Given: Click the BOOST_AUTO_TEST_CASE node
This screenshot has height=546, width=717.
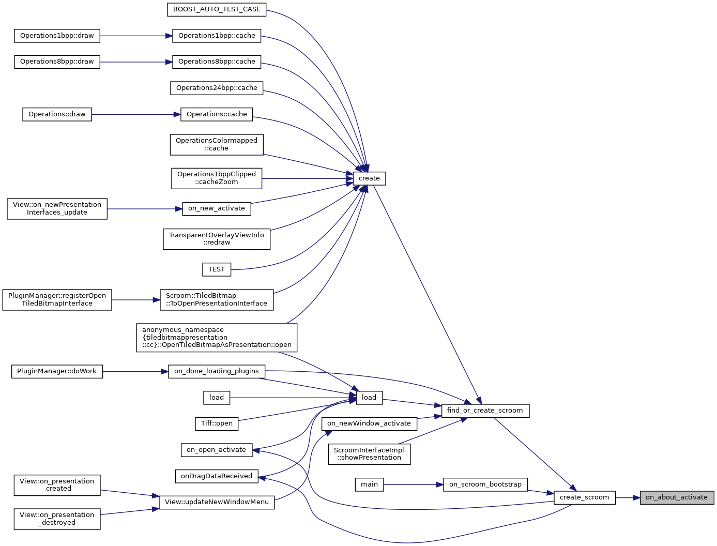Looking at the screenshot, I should pos(217,9).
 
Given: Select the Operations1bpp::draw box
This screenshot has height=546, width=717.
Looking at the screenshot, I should pos(57,36).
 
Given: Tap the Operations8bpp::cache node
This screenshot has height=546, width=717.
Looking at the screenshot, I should pos(217,62).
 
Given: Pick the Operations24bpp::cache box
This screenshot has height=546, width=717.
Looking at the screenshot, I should pos(217,88).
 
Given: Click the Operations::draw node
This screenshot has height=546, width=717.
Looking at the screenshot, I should pos(57,114).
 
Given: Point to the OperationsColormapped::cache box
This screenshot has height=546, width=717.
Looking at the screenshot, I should pos(217,144).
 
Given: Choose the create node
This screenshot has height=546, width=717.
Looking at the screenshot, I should pos(369,178).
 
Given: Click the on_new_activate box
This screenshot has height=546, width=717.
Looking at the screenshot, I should pos(217,208).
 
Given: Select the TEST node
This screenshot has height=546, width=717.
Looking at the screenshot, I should pos(216,269).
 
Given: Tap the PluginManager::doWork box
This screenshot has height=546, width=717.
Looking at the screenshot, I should pos(57,371).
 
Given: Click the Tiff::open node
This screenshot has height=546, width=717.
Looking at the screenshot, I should pos(217,423).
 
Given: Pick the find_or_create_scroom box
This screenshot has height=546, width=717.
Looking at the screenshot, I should pos(485,411).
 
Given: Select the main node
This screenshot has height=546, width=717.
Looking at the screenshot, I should pos(369,484).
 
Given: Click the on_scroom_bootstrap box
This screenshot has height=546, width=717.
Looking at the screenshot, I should pos(485,484).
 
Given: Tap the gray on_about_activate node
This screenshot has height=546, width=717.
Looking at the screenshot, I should pos(677,497).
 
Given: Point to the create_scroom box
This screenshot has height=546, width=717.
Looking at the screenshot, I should pos(584,497).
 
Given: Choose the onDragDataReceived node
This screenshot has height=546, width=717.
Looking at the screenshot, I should pos(217,476).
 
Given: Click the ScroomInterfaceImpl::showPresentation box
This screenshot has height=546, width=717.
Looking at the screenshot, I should pos(369,454).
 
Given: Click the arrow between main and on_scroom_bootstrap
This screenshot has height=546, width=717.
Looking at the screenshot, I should pos(414,484).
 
